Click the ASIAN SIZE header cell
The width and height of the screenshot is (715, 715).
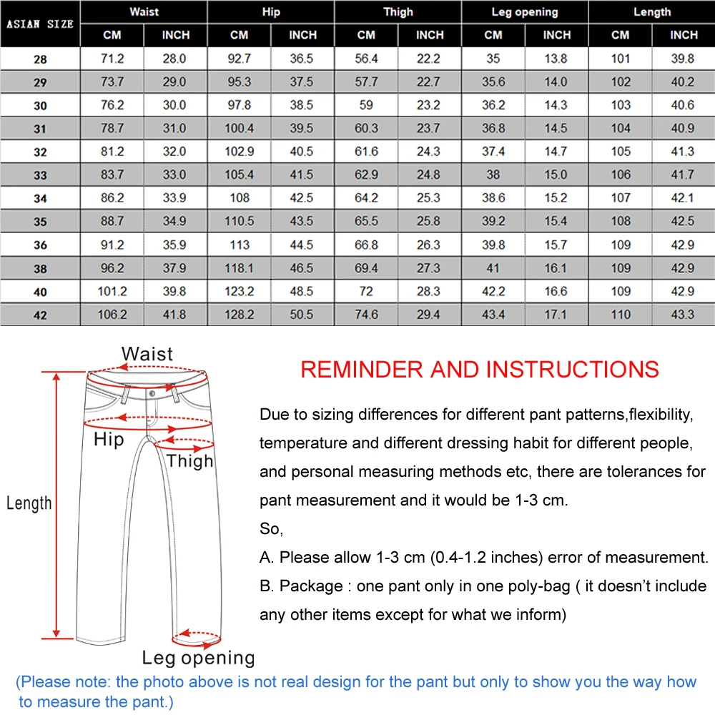40,24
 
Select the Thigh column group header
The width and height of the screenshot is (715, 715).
398,11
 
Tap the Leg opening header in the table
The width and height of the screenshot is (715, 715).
524,11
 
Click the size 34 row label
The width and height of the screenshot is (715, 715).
40,198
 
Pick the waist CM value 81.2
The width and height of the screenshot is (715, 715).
112,152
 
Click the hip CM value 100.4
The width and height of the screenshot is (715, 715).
240,129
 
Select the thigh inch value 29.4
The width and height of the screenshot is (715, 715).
430,315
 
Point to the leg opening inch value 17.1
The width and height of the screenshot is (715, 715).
556,315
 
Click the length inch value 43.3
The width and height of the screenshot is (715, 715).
684,315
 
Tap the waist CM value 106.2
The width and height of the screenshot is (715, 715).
112,315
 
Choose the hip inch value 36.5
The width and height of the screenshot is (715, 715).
302,59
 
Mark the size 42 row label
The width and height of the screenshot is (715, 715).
40,315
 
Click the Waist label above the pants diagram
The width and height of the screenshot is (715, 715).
147,353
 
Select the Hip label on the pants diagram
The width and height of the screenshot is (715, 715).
109,440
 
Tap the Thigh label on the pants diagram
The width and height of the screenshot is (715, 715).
190,461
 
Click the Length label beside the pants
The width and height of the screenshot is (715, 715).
29,503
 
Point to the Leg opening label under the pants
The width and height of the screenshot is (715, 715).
198,658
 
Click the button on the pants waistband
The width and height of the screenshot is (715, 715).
152,393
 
